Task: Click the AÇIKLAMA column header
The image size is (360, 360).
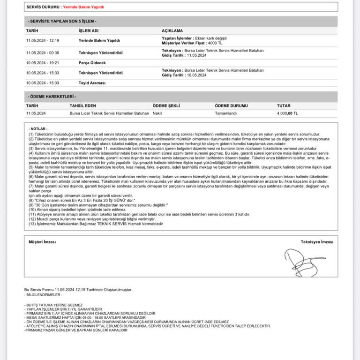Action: tap(172, 30)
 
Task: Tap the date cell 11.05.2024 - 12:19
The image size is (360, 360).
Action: tap(43, 41)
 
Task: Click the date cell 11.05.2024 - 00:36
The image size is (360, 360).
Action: tap(43, 52)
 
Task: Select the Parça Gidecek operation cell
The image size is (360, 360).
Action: tap(92, 62)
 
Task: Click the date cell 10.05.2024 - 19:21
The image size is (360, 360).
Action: tap(43, 62)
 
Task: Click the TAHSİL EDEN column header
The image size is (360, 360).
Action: tap(82, 106)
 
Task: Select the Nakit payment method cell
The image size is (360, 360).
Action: tap(158, 113)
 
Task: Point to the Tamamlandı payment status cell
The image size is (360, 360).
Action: tap(226, 113)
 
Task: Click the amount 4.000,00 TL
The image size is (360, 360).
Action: tap(287, 113)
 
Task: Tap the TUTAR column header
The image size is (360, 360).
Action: tap(284, 106)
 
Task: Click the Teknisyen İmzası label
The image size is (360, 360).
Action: tap(317, 241)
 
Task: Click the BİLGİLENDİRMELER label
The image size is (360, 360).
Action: tap(44, 295)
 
